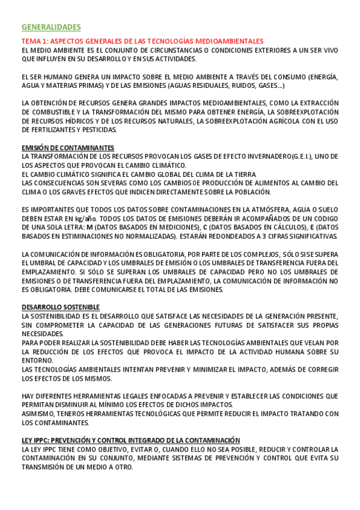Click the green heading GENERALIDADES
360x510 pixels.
coord(50,27)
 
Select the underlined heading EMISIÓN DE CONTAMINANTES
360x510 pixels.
coord(67,148)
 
